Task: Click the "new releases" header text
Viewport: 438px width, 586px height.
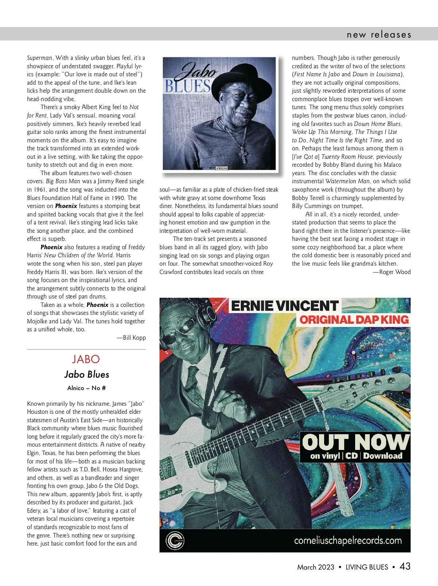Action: [379, 35]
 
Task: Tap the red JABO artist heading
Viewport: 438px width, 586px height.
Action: [86, 359]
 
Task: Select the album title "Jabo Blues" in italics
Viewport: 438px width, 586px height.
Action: [87, 374]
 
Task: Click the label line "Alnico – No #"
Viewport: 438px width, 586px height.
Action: [87, 388]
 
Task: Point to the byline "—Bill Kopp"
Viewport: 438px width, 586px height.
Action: [131, 338]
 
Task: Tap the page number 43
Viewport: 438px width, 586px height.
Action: [405, 566]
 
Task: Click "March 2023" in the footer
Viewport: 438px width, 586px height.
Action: [316, 567]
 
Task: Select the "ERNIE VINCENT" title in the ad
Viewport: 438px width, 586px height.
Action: [285, 306]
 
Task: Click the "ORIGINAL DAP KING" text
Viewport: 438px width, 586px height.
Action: [354, 320]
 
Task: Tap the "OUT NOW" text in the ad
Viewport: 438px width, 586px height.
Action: [355, 442]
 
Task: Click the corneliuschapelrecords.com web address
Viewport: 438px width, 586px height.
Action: [347, 540]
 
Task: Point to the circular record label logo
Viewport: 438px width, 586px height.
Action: [175, 540]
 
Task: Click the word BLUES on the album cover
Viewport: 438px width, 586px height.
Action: [187, 86]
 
